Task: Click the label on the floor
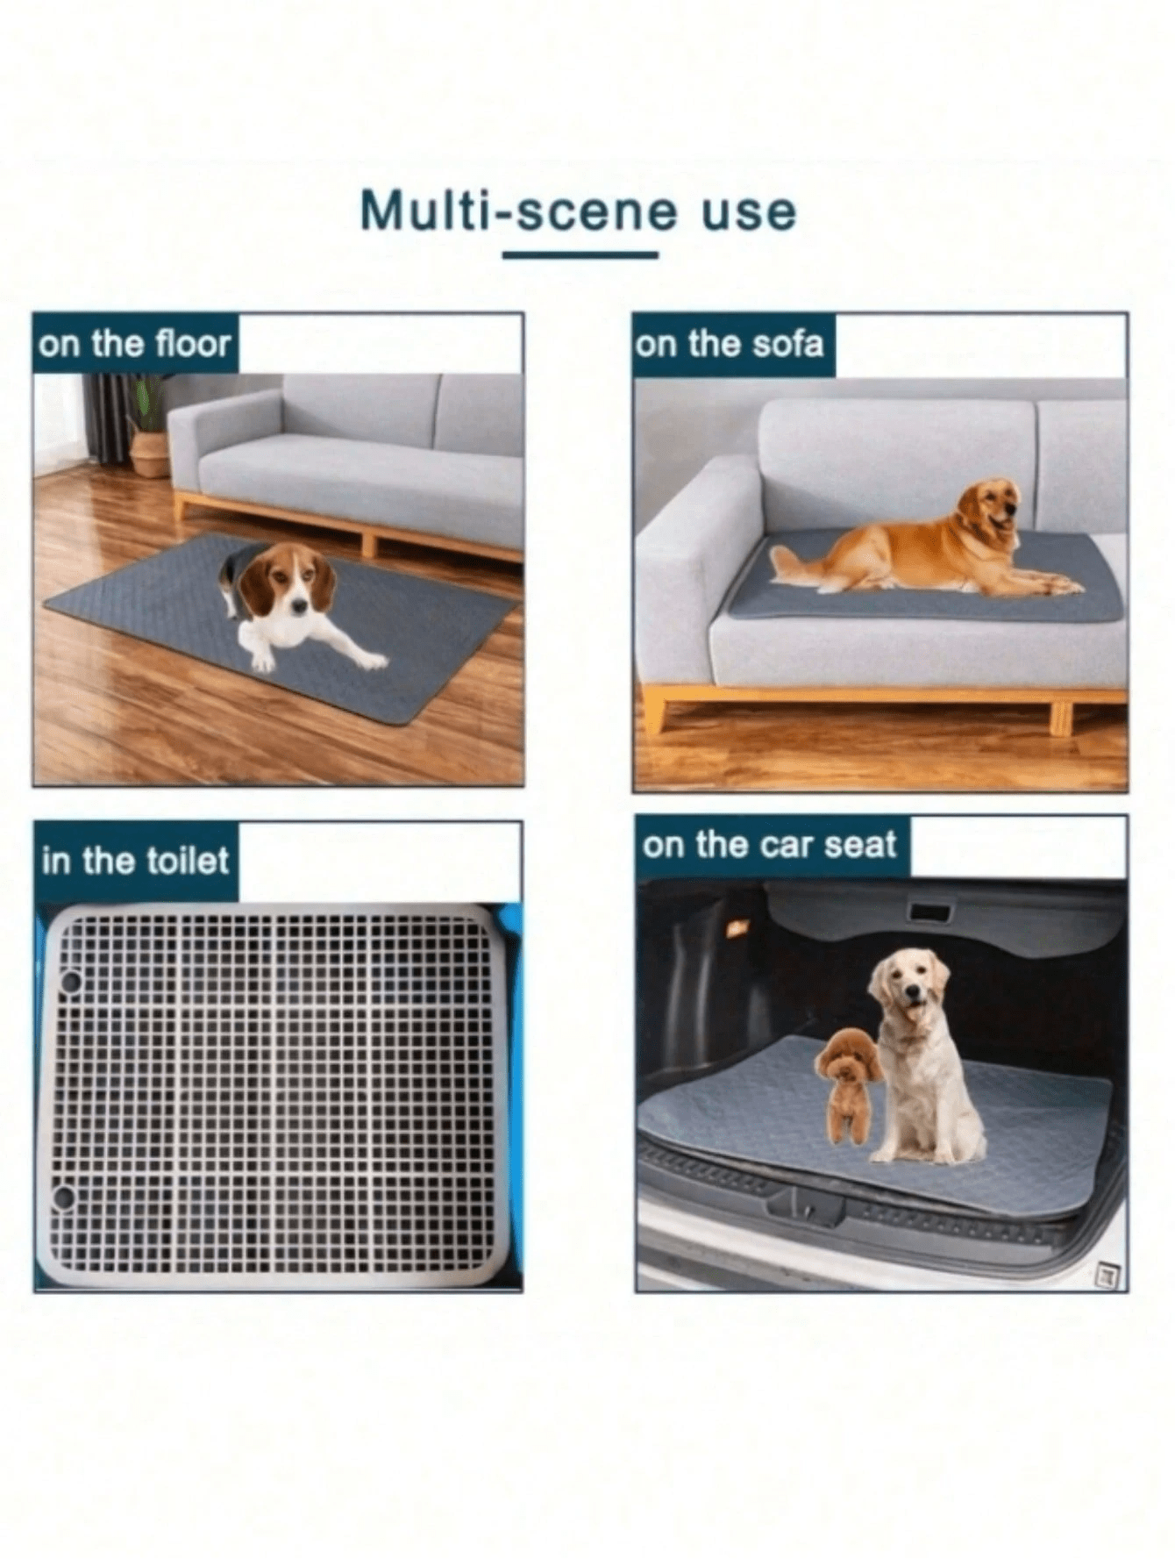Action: pyautogui.click(x=134, y=344)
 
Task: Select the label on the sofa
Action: pyautogui.click(x=730, y=344)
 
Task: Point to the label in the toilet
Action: pyautogui.click(x=135, y=861)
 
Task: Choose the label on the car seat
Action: pyautogui.click(x=769, y=845)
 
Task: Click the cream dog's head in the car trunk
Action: pyautogui.click(x=909, y=986)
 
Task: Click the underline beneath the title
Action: pyautogui.click(x=580, y=255)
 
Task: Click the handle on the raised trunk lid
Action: pyautogui.click(x=929, y=913)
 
